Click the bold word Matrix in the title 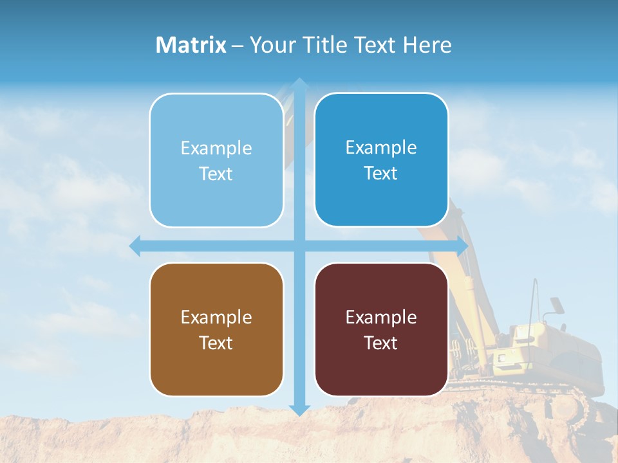pos(191,45)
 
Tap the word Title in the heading pos(321,45)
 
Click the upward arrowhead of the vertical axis pos(299,83)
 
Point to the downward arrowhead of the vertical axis pos(299,410)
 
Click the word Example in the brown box pos(216,317)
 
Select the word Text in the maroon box pos(381,343)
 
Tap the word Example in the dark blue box pos(381,147)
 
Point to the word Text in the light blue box pos(216,174)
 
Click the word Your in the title pos(271,45)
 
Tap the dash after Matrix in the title pos(238,46)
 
